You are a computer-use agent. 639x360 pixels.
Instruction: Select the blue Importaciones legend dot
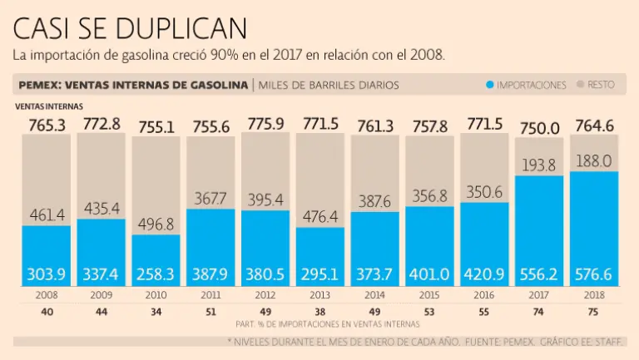pyautogui.click(x=490, y=85)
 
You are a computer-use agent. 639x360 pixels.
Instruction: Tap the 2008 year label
pyautogui.click(x=47, y=295)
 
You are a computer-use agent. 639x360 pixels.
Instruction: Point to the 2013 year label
pyautogui.click(x=320, y=295)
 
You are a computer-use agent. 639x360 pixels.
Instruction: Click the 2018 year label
pyautogui.click(x=594, y=295)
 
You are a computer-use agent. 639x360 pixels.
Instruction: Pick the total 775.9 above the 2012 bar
pyautogui.click(x=265, y=125)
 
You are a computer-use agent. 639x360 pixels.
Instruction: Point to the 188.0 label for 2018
pyautogui.click(x=594, y=160)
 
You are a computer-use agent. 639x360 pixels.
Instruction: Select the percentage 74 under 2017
pyautogui.click(x=539, y=312)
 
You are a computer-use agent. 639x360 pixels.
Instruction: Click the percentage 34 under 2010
pyautogui.click(x=156, y=312)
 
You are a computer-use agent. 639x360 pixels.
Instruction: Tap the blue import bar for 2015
pyautogui.click(x=430, y=241)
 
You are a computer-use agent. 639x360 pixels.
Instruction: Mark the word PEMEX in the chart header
pyautogui.click(x=40, y=85)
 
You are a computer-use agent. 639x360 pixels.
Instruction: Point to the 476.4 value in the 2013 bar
pyautogui.click(x=320, y=218)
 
